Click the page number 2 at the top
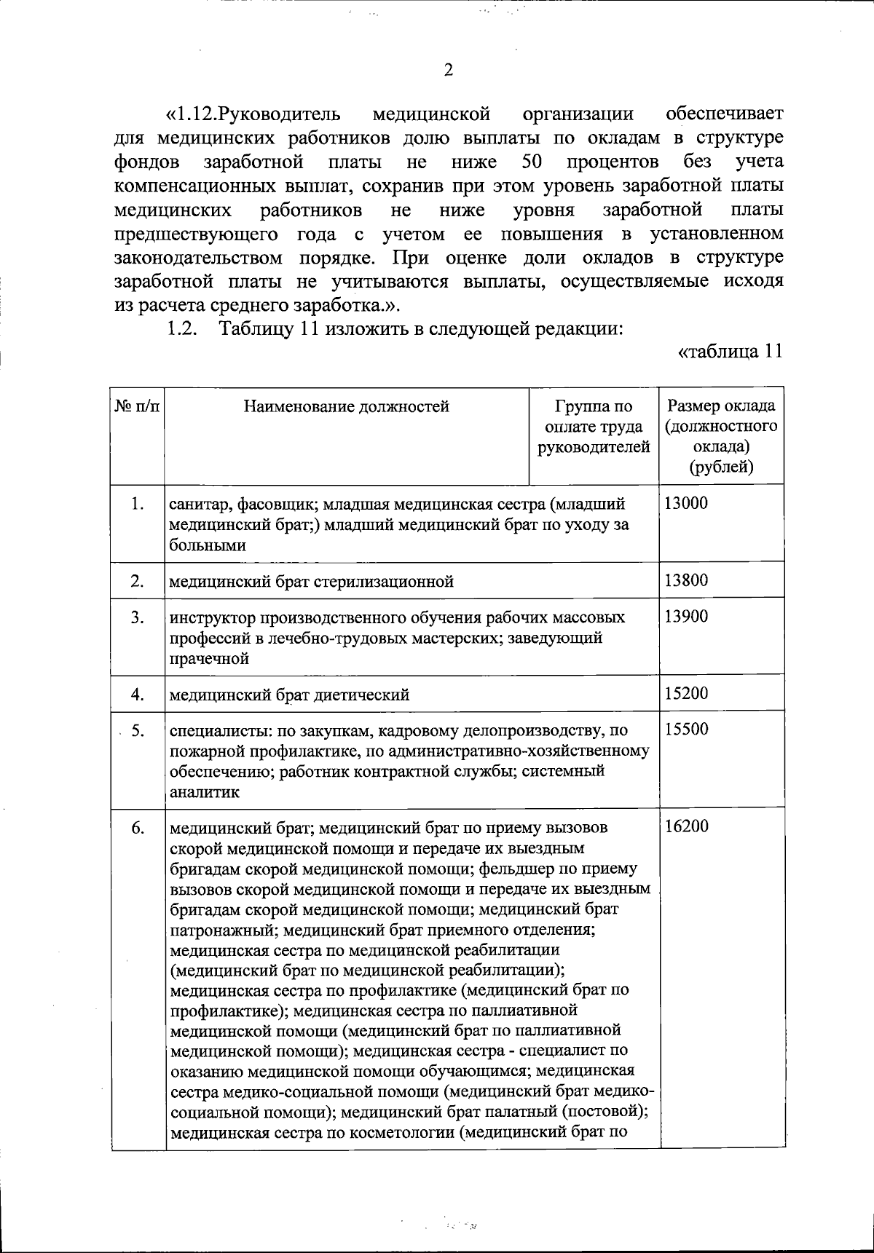(x=448, y=71)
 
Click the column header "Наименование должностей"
(x=346, y=406)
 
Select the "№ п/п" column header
(x=138, y=406)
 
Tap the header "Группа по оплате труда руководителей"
(x=594, y=427)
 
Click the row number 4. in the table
(x=138, y=694)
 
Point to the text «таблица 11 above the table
(x=730, y=352)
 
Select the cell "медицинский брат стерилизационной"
(x=312, y=581)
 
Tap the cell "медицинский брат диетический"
(x=289, y=695)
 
